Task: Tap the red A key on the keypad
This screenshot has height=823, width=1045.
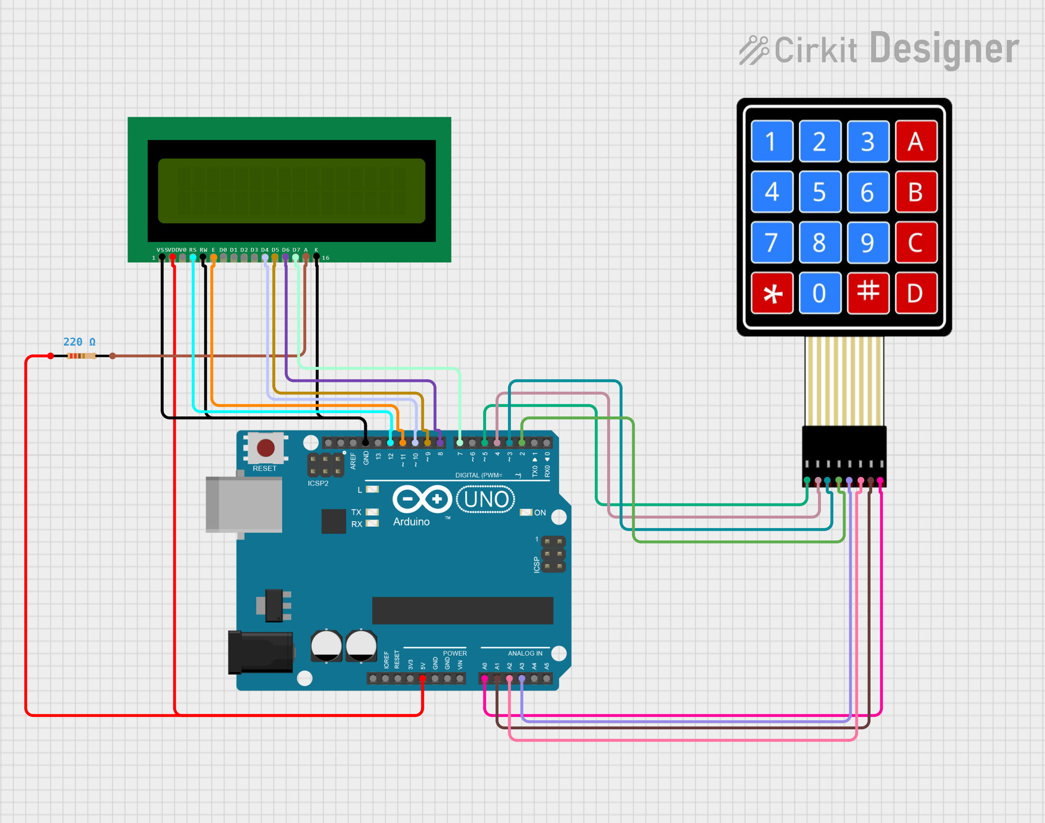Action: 916,141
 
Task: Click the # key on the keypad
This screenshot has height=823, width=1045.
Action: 868,293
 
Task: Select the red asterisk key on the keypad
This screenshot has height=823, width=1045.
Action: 772,294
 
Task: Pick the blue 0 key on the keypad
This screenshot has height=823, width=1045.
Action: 820,293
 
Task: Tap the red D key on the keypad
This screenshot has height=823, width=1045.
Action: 916,293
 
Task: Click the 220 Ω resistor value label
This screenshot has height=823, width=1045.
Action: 79,342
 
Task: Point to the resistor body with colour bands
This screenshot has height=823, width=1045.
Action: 81,356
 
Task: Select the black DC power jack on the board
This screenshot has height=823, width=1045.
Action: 260,652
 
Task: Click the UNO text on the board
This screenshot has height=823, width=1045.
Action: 486,500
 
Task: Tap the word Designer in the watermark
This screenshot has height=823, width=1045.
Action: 944,49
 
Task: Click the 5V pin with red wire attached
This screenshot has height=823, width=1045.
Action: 422,678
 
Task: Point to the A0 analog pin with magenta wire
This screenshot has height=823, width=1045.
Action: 485,678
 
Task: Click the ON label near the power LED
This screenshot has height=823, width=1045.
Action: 540,513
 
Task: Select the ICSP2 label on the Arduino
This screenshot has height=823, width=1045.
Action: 318,483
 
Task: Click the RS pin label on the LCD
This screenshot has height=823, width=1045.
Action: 193,250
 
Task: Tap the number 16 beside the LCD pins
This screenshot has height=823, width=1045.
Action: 325,258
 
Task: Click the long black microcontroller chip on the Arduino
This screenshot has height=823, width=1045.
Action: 462,611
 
